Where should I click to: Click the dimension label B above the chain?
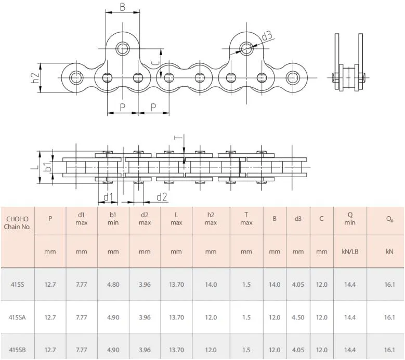pyautogui.click(x=122, y=7)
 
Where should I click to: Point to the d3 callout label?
pyautogui.click(x=266, y=36)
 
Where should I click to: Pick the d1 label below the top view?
pyautogui.click(x=108, y=196)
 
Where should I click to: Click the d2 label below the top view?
pyautogui.click(x=162, y=196)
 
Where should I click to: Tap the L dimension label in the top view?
pyautogui.click(x=34, y=167)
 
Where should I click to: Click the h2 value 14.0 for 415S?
pyautogui.click(x=211, y=284)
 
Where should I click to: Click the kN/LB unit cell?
pyautogui.click(x=349, y=251)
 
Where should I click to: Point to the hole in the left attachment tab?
pyautogui.click(x=123, y=49)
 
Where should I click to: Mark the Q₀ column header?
pyautogui.click(x=389, y=219)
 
